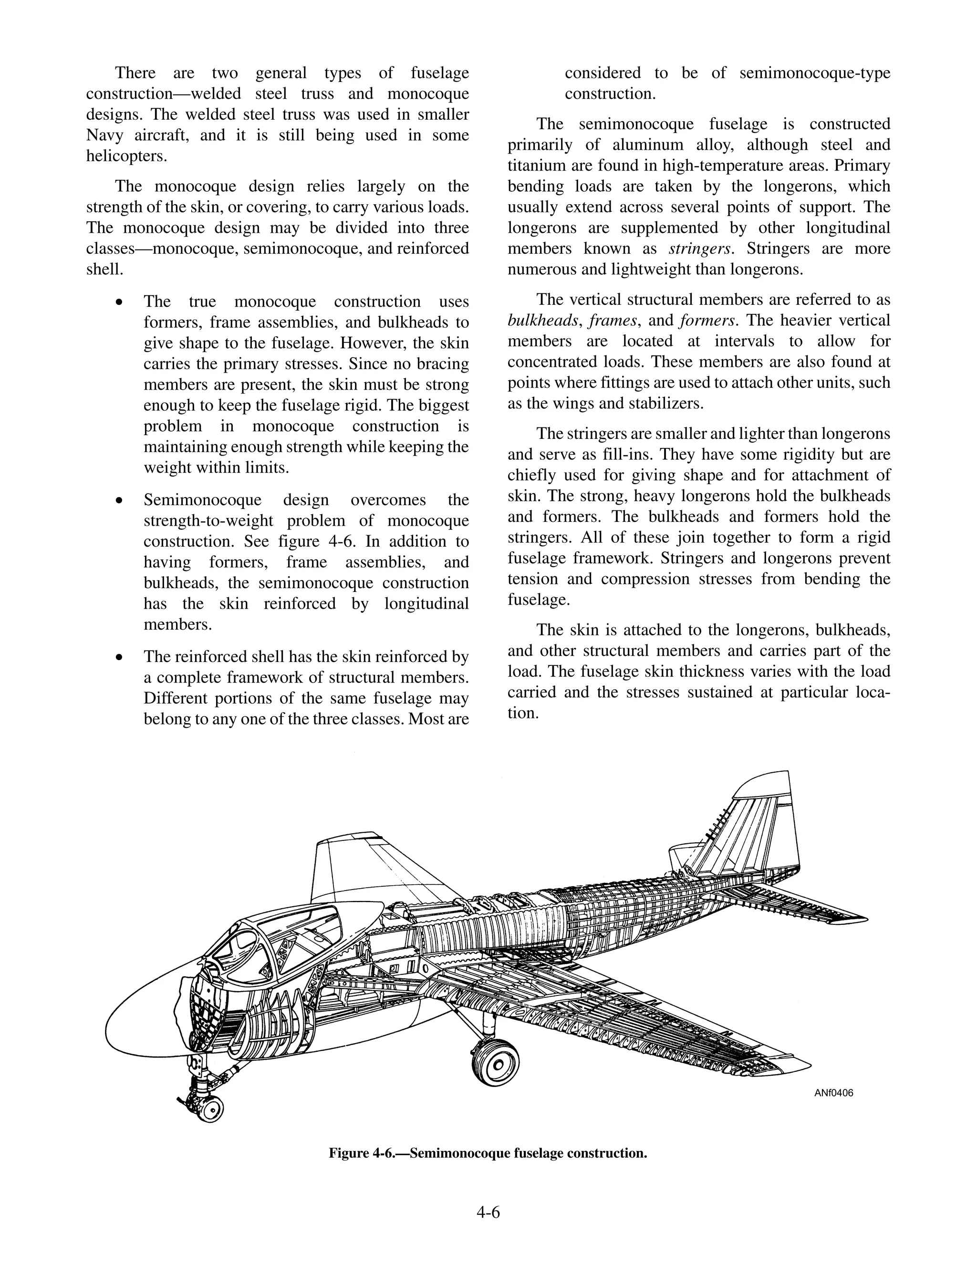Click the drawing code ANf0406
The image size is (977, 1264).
pos(833,1093)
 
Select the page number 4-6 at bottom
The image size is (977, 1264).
pos(488,1212)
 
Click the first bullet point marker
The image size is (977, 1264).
pos(119,302)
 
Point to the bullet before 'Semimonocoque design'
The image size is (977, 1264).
pos(119,500)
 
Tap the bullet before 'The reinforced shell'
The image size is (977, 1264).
pos(119,657)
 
